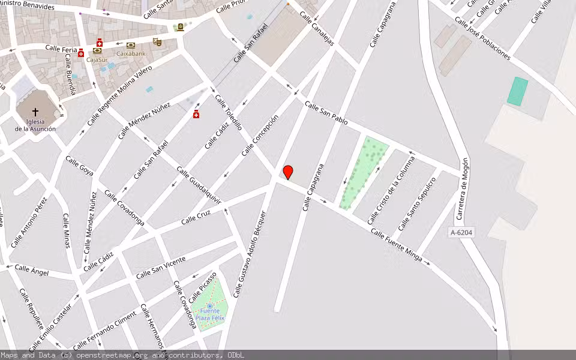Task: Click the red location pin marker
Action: coord(288,172)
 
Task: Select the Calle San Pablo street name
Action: coord(326,113)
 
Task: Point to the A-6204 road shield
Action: coord(461,232)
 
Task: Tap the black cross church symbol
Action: coord(35,112)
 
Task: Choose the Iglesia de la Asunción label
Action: coord(35,125)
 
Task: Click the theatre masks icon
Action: coord(157,42)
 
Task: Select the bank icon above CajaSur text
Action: coord(97,51)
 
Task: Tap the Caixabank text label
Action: coord(131,53)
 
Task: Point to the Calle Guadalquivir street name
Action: coord(199,186)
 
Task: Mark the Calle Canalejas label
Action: coord(316,29)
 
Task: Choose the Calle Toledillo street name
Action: coord(229,113)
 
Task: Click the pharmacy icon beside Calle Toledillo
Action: coord(196,114)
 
